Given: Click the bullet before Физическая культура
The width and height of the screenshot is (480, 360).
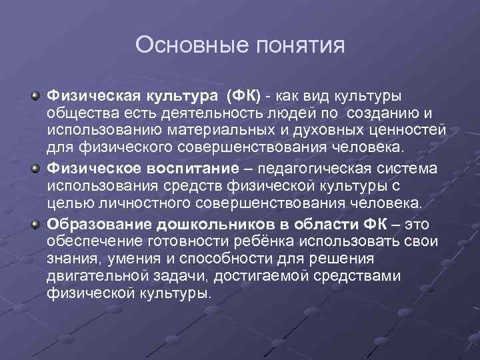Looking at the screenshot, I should coord(34,97).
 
